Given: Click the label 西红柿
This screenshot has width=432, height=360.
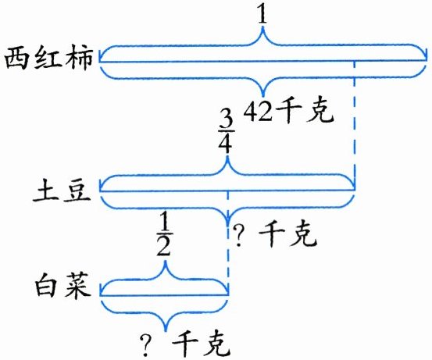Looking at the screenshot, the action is pyautogui.click(x=49, y=59).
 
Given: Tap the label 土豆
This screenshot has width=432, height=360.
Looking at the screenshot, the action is pyautogui.click(x=62, y=191).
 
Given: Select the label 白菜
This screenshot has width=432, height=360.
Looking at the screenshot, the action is pyautogui.click(x=62, y=285).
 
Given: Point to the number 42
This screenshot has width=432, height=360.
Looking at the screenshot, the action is pyautogui.click(x=258, y=111).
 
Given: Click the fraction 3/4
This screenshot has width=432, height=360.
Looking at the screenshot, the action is pyautogui.click(x=227, y=134).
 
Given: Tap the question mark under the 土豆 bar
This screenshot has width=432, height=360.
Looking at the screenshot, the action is pyautogui.click(x=239, y=236).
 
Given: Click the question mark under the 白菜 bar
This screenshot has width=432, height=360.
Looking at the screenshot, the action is pyautogui.click(x=146, y=345).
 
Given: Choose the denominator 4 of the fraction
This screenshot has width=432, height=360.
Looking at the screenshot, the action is pyautogui.click(x=227, y=144).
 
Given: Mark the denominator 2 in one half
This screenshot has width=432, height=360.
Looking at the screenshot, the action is pyautogui.click(x=164, y=246).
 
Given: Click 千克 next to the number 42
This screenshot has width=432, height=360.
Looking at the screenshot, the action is pyautogui.click(x=305, y=111).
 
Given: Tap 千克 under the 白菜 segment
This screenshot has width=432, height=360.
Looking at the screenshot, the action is pyautogui.click(x=202, y=344).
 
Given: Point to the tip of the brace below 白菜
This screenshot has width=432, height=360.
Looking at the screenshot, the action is pyautogui.click(x=166, y=331).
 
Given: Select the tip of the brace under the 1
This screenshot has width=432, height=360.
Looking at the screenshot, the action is pyautogui.click(x=262, y=27).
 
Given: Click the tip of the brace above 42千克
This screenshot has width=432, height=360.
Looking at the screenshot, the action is pyautogui.click(x=263, y=96).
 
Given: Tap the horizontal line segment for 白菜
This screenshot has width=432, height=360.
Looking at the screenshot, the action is pyautogui.click(x=164, y=295).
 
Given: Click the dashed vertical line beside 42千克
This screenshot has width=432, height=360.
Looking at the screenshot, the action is pyautogui.click(x=355, y=125).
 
